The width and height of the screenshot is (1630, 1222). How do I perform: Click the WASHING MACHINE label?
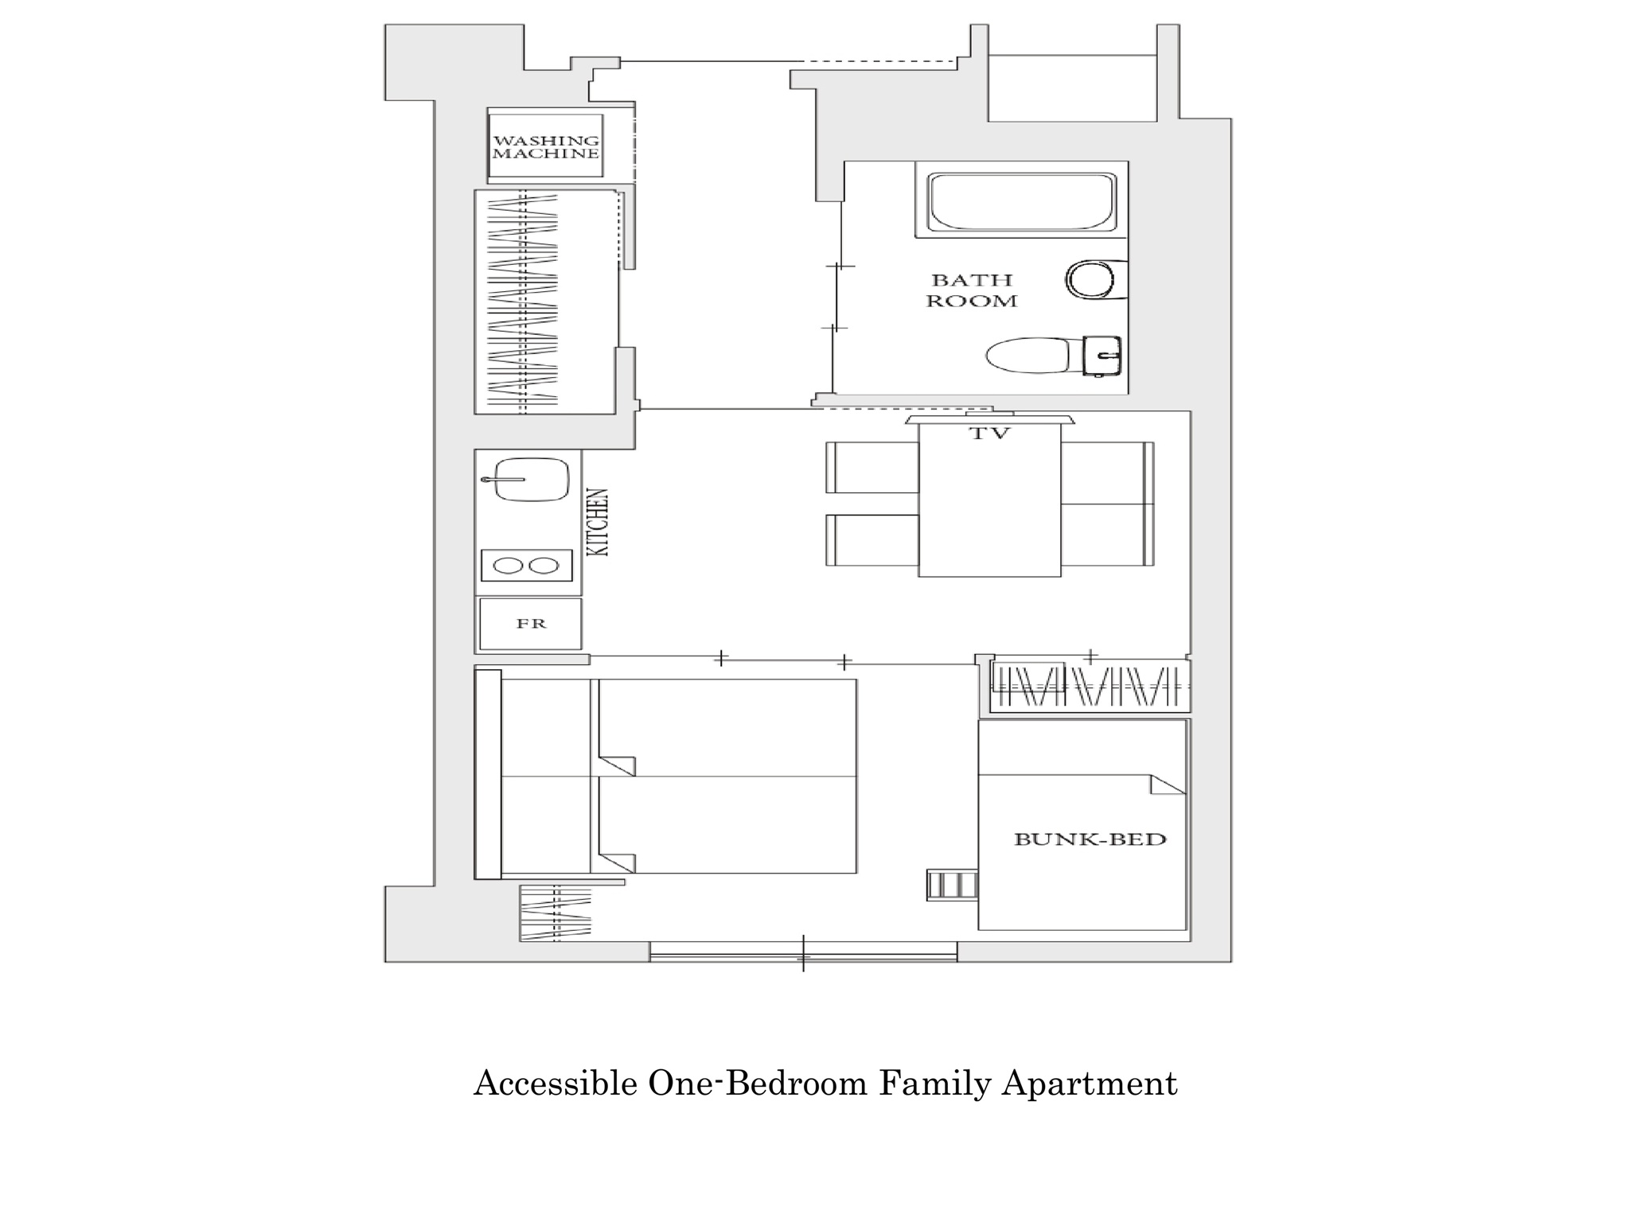coord(545,146)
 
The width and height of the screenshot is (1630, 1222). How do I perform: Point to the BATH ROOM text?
coord(972,290)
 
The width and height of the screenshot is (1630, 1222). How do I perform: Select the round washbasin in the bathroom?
coord(1092,280)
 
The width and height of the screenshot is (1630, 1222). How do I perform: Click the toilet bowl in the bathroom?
coord(1028,356)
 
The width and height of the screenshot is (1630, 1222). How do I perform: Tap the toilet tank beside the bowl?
coord(1102,356)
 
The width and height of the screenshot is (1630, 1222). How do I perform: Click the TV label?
coord(989,434)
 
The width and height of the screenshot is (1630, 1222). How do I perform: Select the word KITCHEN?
coord(597,522)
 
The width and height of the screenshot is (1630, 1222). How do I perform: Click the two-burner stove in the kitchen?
coord(527,566)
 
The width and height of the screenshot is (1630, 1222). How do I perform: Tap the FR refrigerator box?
coord(530,624)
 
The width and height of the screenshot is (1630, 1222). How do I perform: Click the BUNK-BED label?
coord(1090,839)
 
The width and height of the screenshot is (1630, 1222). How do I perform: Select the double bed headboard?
coord(488,775)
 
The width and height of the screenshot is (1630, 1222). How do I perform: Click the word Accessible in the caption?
coord(556,1084)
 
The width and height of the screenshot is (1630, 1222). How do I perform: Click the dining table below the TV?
coord(989,500)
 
